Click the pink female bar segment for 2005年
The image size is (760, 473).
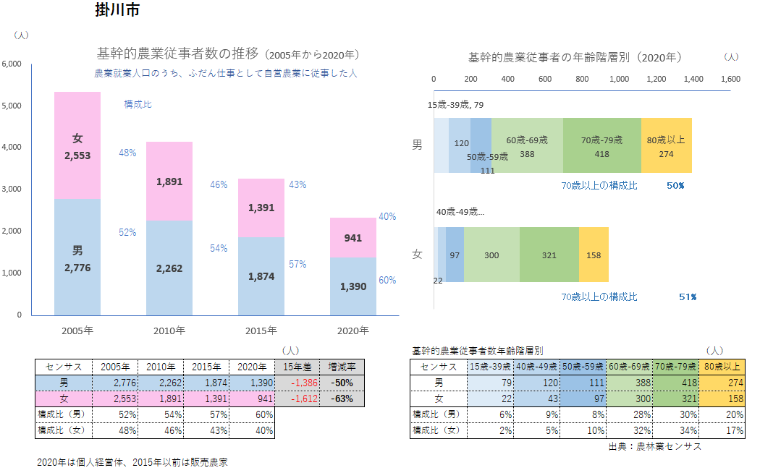[x=77, y=145]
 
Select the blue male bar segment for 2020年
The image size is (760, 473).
[x=353, y=286]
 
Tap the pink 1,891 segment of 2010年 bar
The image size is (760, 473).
[x=169, y=182]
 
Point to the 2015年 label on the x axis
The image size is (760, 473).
[x=261, y=331]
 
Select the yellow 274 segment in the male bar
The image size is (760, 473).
[x=666, y=146]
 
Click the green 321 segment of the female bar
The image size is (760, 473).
[x=549, y=255]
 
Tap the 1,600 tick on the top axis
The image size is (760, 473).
[x=730, y=79]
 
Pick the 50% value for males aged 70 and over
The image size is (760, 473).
[x=675, y=186]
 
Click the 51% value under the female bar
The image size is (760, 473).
[x=688, y=297]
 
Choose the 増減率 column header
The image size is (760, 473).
[x=342, y=366]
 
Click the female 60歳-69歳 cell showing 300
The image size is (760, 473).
[x=629, y=398]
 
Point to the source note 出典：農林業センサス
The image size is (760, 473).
[x=655, y=446]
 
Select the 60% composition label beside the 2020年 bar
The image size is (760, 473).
[x=387, y=280]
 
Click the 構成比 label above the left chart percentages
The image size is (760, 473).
[x=138, y=105]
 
